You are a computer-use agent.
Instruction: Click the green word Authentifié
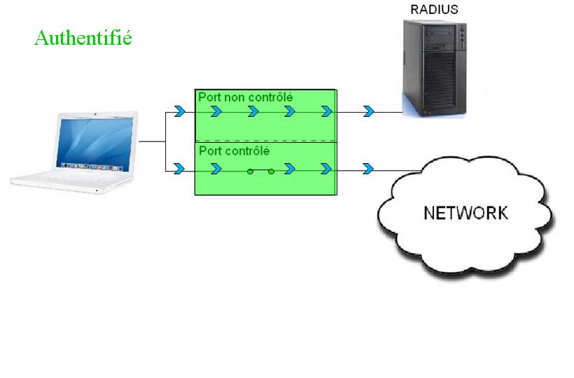pyautogui.click(x=83, y=37)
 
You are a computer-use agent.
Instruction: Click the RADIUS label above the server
pyautogui.click(x=434, y=10)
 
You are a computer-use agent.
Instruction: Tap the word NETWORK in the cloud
pyautogui.click(x=466, y=213)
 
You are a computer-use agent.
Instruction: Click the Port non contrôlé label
pyautogui.click(x=245, y=97)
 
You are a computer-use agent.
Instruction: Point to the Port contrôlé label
pyautogui.click(x=234, y=151)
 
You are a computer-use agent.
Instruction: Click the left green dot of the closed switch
pyautogui.click(x=250, y=170)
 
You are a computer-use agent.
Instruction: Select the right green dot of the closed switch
pyautogui.click(x=272, y=170)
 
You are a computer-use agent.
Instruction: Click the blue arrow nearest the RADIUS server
pyautogui.click(x=368, y=111)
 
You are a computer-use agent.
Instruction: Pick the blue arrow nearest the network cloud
pyautogui.click(x=368, y=169)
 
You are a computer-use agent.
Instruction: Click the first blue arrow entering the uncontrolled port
pyautogui.click(x=179, y=111)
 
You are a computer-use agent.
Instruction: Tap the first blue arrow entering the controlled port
pyautogui.click(x=179, y=169)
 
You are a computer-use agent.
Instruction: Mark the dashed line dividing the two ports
pyautogui.click(x=266, y=141)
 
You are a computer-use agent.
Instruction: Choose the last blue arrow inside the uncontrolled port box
pyautogui.click(x=326, y=111)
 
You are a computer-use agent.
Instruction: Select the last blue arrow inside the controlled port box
pyautogui.click(x=326, y=169)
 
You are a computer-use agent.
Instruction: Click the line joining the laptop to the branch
pyautogui.click(x=150, y=141)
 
